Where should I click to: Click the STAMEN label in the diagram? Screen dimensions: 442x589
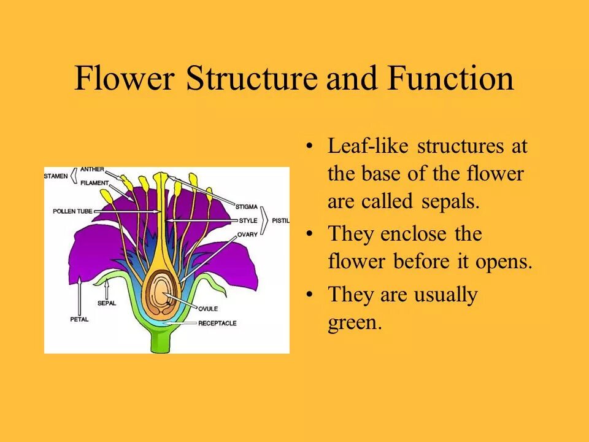[56, 176]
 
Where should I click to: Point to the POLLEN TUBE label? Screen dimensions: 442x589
[72, 211]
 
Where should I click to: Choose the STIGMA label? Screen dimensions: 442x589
[247, 207]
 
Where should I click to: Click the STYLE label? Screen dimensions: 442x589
[247, 220]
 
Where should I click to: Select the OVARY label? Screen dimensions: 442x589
[247, 234]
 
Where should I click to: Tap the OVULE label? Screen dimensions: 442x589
[208, 308]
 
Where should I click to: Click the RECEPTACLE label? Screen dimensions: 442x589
[217, 323]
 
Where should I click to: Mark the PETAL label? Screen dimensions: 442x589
[79, 319]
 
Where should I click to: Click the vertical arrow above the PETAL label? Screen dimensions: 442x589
[79, 295]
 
